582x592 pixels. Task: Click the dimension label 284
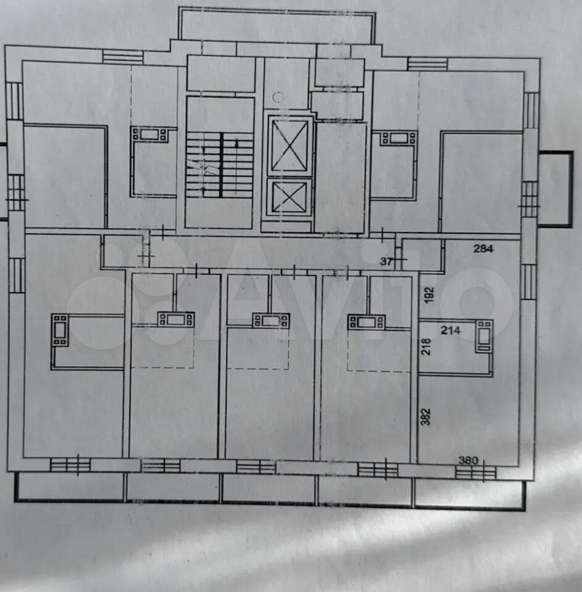click(x=483, y=249)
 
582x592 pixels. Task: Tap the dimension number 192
click(x=429, y=295)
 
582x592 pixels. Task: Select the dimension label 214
click(x=451, y=331)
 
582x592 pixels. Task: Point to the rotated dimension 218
click(x=426, y=346)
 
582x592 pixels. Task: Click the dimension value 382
click(x=425, y=417)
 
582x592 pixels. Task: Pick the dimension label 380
click(x=468, y=460)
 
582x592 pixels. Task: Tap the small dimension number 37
click(x=386, y=261)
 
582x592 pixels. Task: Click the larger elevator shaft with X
click(x=290, y=146)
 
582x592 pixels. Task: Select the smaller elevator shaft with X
click(x=289, y=197)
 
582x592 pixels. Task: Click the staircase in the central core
click(x=220, y=165)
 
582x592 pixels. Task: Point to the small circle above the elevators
click(x=278, y=97)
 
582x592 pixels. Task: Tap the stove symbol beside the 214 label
click(x=484, y=336)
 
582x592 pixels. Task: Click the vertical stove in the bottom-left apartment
click(x=60, y=330)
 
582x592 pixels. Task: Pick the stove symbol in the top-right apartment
click(x=399, y=138)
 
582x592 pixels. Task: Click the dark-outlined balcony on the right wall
click(x=555, y=189)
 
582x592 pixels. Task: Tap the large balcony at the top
click(x=276, y=25)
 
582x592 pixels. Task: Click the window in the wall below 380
click(x=475, y=472)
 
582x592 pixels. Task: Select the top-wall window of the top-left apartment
click(x=123, y=57)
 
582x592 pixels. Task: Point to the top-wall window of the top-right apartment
click(x=428, y=64)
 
